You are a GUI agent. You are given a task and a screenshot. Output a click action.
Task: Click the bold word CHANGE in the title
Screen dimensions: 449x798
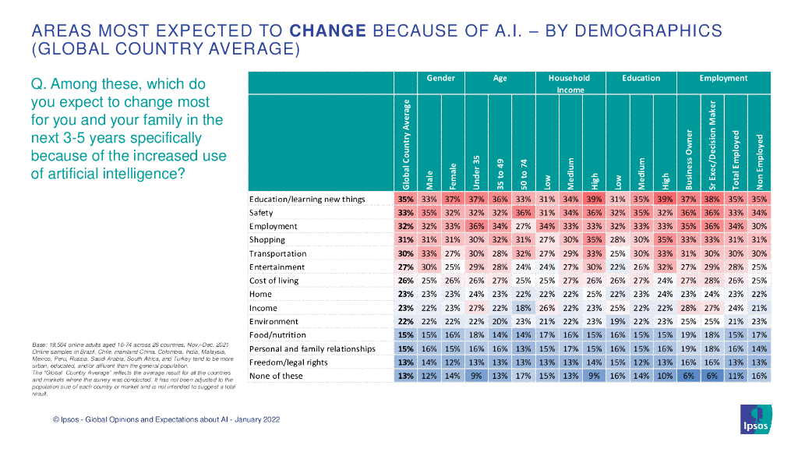(327, 31)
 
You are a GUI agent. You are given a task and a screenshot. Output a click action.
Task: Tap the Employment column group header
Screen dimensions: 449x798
(723, 78)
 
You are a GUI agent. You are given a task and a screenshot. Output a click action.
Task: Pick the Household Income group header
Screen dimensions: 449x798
(569, 83)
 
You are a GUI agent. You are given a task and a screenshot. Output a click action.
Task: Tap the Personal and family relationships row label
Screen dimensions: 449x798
(312, 348)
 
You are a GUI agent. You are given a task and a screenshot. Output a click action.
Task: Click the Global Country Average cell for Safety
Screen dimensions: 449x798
(405, 213)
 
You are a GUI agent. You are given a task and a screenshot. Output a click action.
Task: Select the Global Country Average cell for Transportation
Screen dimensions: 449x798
(405, 253)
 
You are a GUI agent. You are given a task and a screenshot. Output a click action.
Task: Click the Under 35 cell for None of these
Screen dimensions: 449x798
(476, 376)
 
